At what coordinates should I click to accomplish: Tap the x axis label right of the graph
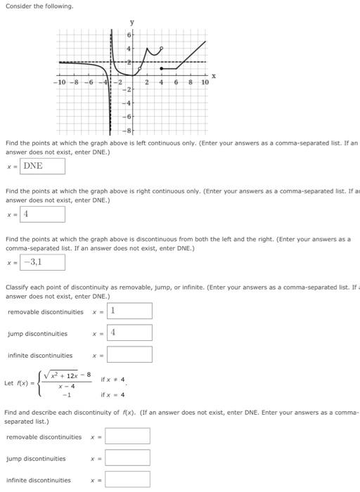(x=214, y=75)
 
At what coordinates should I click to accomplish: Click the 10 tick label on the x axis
(x=205, y=83)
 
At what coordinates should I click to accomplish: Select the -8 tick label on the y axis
(x=128, y=130)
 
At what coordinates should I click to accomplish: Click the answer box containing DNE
(x=43, y=166)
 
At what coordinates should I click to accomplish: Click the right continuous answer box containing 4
(x=43, y=214)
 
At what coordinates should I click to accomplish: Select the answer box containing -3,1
(x=43, y=262)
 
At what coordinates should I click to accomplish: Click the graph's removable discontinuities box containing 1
(x=129, y=311)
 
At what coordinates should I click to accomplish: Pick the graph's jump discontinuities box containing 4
(x=129, y=332)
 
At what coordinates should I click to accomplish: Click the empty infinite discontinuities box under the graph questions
(x=129, y=355)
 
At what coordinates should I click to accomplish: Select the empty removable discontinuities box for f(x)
(x=127, y=436)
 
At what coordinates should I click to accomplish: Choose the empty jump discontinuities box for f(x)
(x=127, y=458)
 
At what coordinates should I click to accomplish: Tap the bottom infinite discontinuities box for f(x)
(x=127, y=480)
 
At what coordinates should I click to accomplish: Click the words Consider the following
(x=39, y=6)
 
